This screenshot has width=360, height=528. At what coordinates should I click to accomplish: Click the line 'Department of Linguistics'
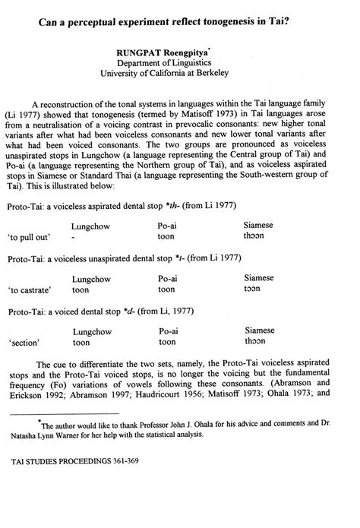click(x=180, y=63)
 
